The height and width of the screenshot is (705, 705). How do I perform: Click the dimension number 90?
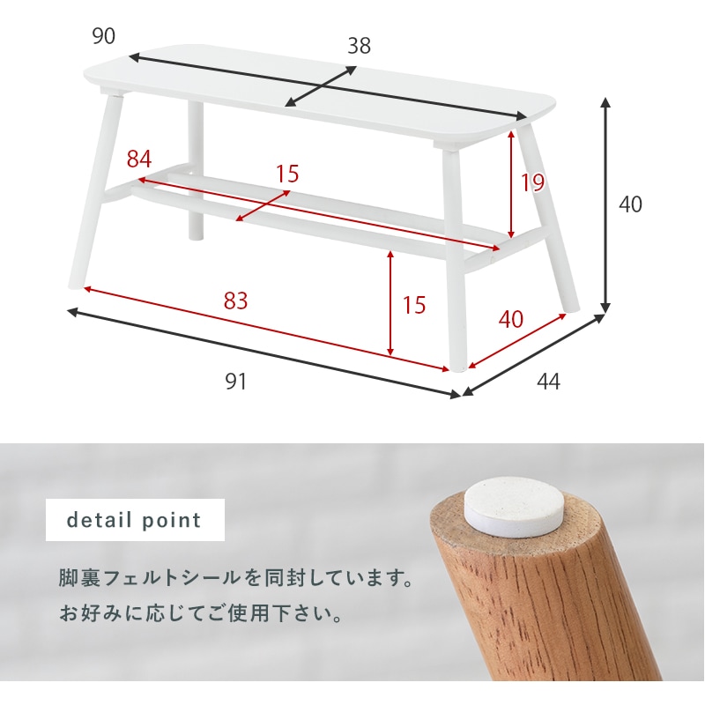tap(104, 36)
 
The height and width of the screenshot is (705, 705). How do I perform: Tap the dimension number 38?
tap(359, 46)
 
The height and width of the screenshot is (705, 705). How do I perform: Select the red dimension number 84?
tap(139, 160)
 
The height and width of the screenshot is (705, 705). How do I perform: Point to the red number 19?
tap(532, 182)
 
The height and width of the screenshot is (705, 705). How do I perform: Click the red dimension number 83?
tap(235, 301)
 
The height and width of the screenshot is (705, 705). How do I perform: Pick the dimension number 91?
tap(235, 382)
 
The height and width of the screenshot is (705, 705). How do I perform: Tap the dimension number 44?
tap(548, 382)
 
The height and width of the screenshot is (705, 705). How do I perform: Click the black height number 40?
tap(631, 204)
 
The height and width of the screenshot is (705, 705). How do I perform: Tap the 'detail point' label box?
tap(135, 520)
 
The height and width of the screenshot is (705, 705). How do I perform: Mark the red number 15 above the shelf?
tap(287, 174)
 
